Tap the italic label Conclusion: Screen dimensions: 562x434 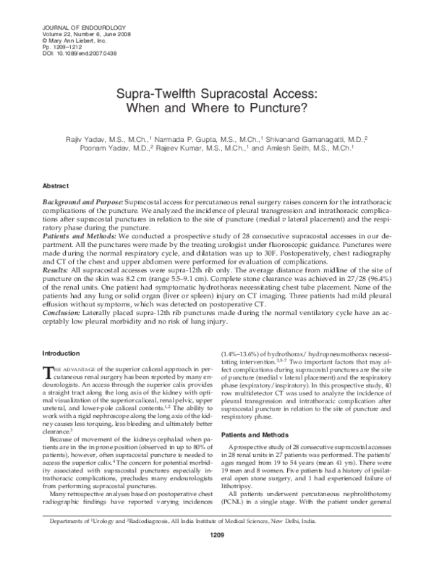coord(55,306)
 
